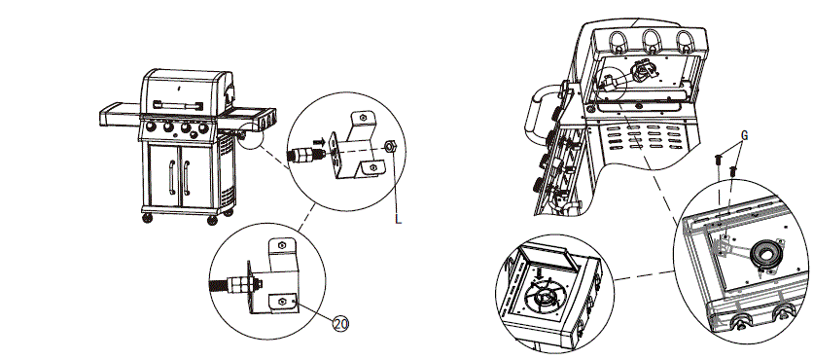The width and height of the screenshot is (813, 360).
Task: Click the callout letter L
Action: point(398,221)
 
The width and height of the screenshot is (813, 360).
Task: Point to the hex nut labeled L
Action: point(388,147)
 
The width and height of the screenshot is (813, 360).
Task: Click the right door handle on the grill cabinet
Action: point(187,179)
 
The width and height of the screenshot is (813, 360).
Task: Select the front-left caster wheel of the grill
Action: point(147,217)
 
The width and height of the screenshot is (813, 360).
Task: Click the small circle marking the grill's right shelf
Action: point(250,137)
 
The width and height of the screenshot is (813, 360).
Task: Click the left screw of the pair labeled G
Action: point(717,159)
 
